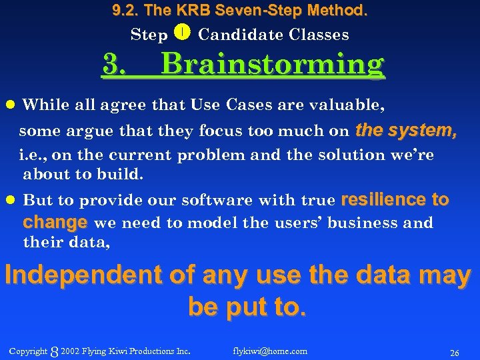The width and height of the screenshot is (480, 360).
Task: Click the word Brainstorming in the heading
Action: coord(273,65)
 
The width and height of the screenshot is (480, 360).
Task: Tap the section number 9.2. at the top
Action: coord(127,11)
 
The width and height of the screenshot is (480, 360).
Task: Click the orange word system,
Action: coord(423,130)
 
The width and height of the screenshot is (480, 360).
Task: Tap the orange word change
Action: coord(55,221)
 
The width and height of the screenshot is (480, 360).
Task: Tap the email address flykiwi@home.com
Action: coord(270,351)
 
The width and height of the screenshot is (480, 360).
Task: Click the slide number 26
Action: coord(455,352)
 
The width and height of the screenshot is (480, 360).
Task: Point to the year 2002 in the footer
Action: coord(70,351)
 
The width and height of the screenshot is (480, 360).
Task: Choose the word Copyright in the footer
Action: coord(28,351)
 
